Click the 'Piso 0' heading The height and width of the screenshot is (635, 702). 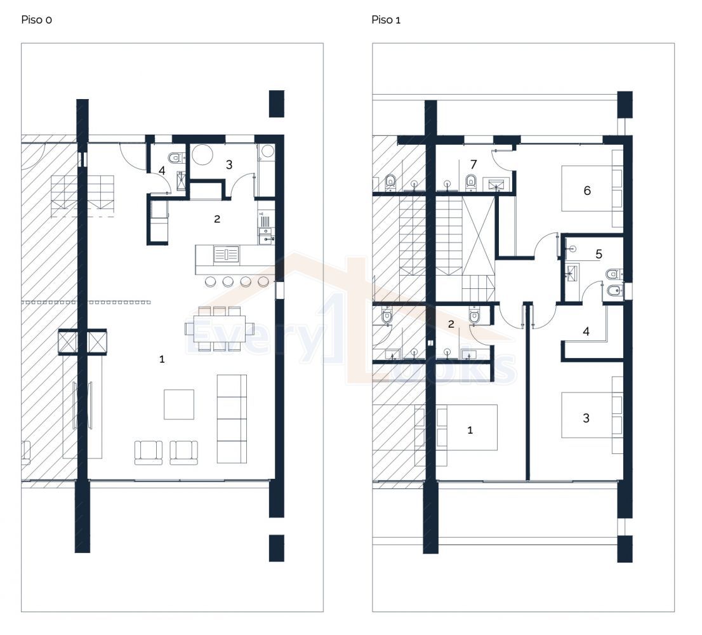(x=37, y=20)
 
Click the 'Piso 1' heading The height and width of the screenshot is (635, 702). (x=386, y=20)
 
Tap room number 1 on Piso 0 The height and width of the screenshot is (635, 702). (x=162, y=359)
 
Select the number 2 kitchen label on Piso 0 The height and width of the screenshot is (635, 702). (x=217, y=219)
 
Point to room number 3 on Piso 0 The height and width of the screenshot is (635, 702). (x=229, y=165)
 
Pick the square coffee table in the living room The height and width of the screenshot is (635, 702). (x=179, y=404)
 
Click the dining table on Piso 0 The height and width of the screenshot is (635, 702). (x=215, y=329)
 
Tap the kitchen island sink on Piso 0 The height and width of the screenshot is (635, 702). (x=226, y=255)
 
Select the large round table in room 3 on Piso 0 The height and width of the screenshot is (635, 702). (x=204, y=155)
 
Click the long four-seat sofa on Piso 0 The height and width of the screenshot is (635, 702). (x=232, y=418)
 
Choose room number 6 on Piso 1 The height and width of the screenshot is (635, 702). (x=587, y=190)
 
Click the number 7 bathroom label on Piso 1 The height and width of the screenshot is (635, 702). (x=474, y=165)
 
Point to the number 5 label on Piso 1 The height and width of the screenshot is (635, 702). (x=599, y=255)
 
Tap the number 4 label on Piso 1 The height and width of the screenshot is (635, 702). (x=586, y=331)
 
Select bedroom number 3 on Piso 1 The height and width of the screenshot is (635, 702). (x=586, y=418)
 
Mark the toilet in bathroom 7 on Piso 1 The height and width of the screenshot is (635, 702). (x=471, y=182)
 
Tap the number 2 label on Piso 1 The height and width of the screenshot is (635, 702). (x=451, y=324)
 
